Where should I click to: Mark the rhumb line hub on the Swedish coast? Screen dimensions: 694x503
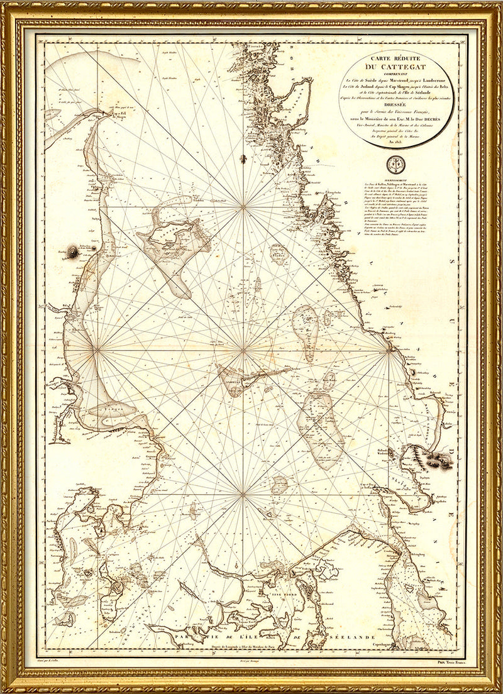point(390,348)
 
